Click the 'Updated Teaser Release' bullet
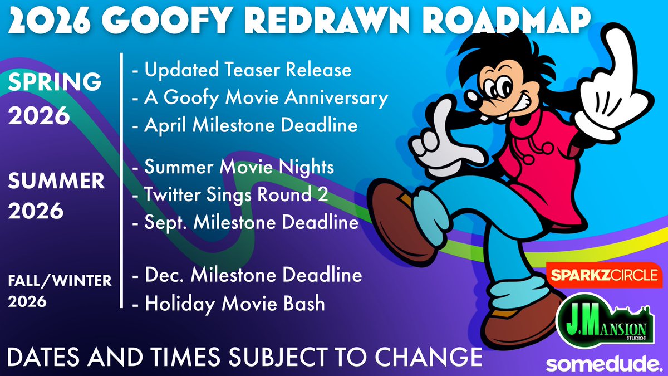(242, 70)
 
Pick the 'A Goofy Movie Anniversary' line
(260, 98)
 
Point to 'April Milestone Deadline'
(244, 125)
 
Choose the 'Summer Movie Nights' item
(233, 167)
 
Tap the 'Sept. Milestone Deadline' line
(245, 223)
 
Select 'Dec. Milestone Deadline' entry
(247, 275)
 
